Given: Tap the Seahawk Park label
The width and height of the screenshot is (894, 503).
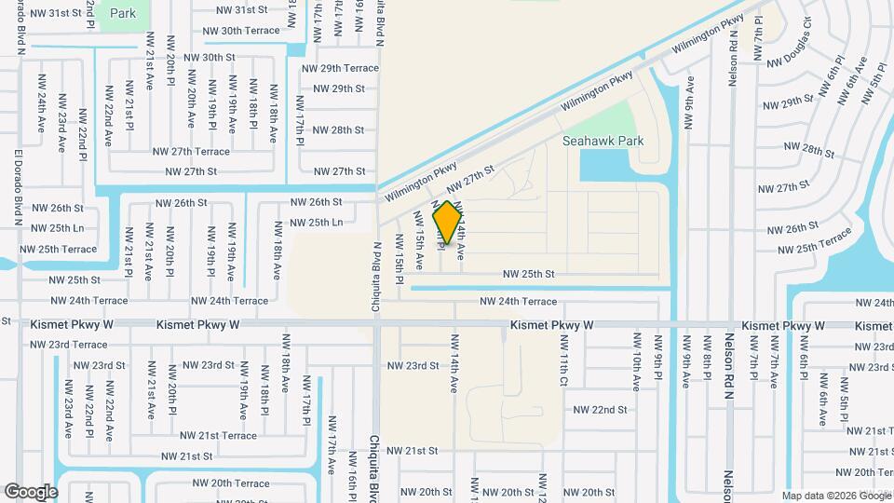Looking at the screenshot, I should click(x=603, y=142).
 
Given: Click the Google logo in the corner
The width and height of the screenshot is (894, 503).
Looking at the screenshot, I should click(x=30, y=491).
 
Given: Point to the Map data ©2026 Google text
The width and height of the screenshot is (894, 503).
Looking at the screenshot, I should click(x=835, y=496).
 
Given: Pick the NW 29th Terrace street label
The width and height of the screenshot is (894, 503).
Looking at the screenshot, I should click(x=340, y=68).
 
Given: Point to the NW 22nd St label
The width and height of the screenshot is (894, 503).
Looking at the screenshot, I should click(x=600, y=409).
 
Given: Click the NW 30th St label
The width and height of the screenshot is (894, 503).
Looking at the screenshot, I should click(x=210, y=57).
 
